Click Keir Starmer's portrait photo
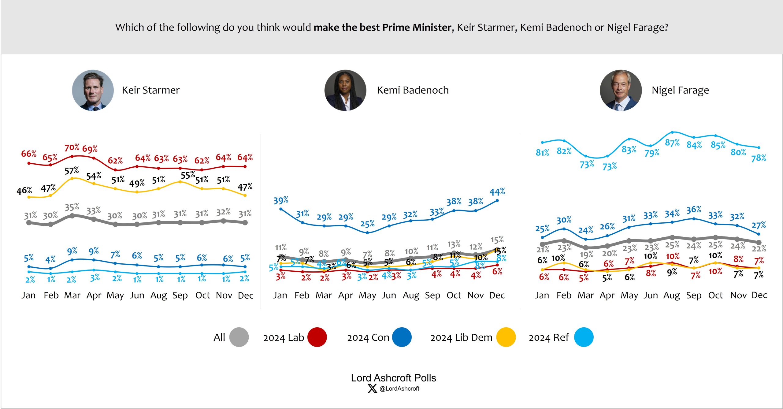point(93,90)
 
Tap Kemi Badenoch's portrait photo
point(345,90)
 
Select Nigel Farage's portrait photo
point(621,90)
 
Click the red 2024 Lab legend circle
point(317,337)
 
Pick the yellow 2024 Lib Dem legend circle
point(506,337)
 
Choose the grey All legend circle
point(239,337)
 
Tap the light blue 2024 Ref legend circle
point(584,337)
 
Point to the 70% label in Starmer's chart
point(72,147)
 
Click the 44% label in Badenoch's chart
point(497,192)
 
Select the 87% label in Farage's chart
point(672,143)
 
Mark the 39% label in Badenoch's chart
point(281,200)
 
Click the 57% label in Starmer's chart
point(72,171)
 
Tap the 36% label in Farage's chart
point(694,210)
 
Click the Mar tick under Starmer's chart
point(72,296)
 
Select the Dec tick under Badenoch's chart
point(497,296)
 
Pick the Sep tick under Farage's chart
point(694,296)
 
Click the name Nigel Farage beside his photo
point(680,90)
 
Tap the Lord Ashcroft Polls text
point(393,378)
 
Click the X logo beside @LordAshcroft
point(372,389)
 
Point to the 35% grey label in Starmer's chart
point(72,207)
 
